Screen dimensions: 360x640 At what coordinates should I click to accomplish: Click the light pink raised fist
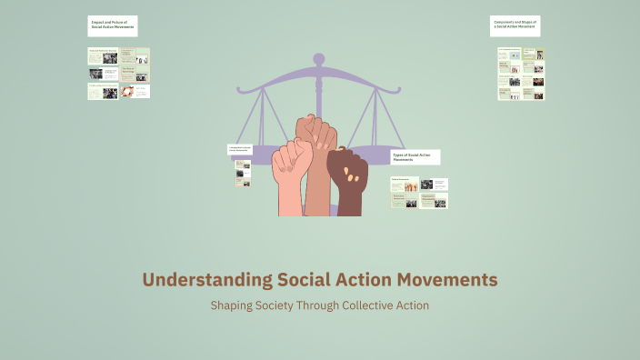292,176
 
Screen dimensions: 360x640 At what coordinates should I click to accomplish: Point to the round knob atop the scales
319,59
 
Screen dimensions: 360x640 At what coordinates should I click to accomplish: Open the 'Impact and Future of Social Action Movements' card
113,25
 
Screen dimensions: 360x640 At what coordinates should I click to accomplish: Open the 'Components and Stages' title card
515,25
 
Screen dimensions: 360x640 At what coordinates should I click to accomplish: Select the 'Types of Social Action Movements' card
415,157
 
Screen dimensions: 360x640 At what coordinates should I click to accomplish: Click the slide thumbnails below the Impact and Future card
119,73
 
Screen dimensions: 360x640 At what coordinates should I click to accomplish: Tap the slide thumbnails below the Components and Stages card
521,74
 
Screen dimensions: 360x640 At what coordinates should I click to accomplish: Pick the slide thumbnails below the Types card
419,193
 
